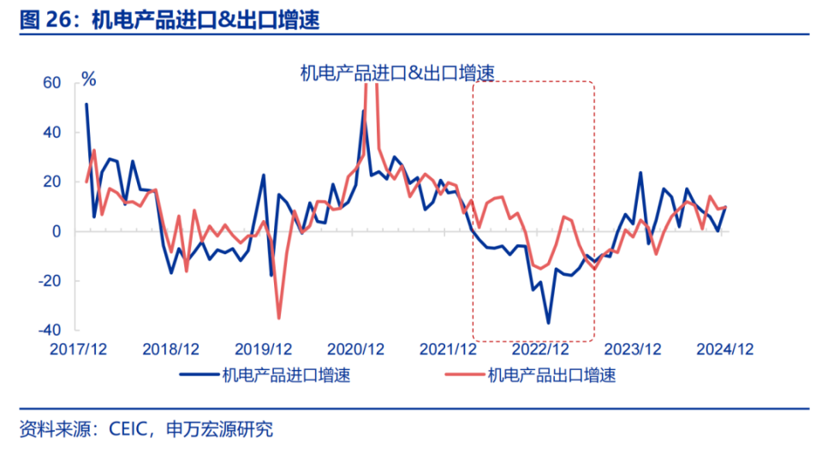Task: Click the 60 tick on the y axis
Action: (54, 83)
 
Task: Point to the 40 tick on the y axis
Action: (54, 133)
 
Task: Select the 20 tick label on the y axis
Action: (54, 182)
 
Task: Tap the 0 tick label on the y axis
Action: (58, 232)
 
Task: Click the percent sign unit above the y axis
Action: (88, 79)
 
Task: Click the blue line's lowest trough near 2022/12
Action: (548, 323)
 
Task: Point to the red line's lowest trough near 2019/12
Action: (279, 319)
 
